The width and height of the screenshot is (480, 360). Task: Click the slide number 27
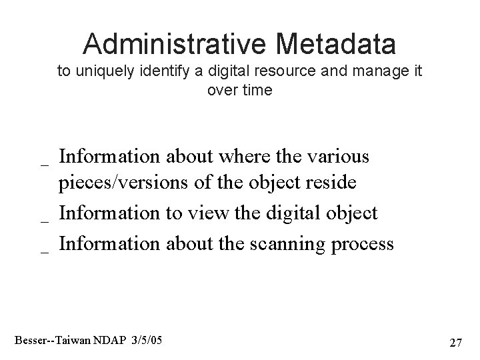[x=456, y=343]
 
